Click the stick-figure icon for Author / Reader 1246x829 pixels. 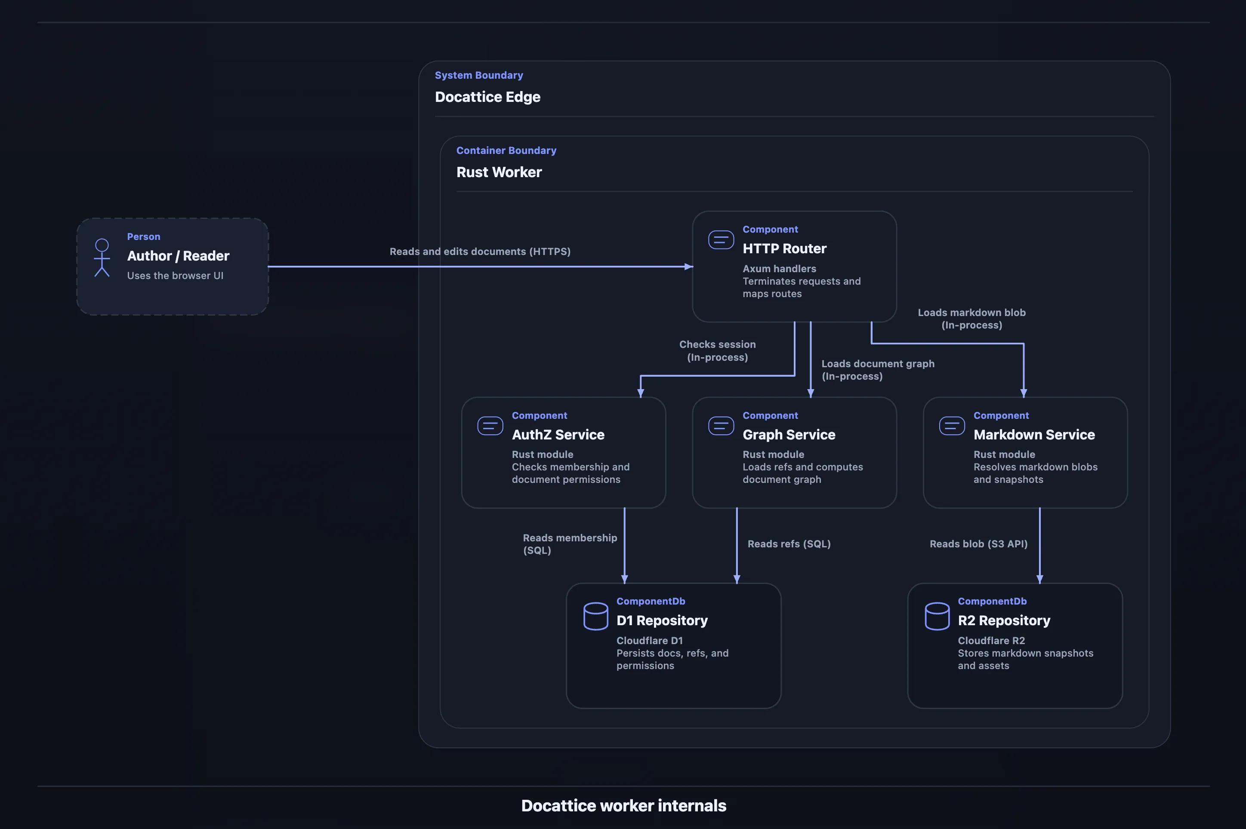click(x=102, y=258)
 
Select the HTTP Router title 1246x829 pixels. click(x=784, y=249)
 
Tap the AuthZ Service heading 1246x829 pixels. click(x=558, y=435)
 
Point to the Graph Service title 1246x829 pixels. click(x=789, y=435)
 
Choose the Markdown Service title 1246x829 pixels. click(x=1034, y=435)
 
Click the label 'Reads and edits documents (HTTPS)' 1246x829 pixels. click(x=480, y=252)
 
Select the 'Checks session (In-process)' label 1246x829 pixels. click(x=718, y=351)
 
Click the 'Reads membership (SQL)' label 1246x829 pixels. click(x=570, y=544)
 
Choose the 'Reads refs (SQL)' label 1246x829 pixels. click(x=789, y=544)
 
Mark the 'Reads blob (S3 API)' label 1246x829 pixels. click(x=978, y=544)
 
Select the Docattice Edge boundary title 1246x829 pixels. click(x=487, y=97)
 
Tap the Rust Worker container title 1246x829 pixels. click(x=499, y=172)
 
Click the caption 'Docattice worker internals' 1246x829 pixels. click(x=623, y=806)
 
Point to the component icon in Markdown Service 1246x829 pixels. click(x=952, y=426)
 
